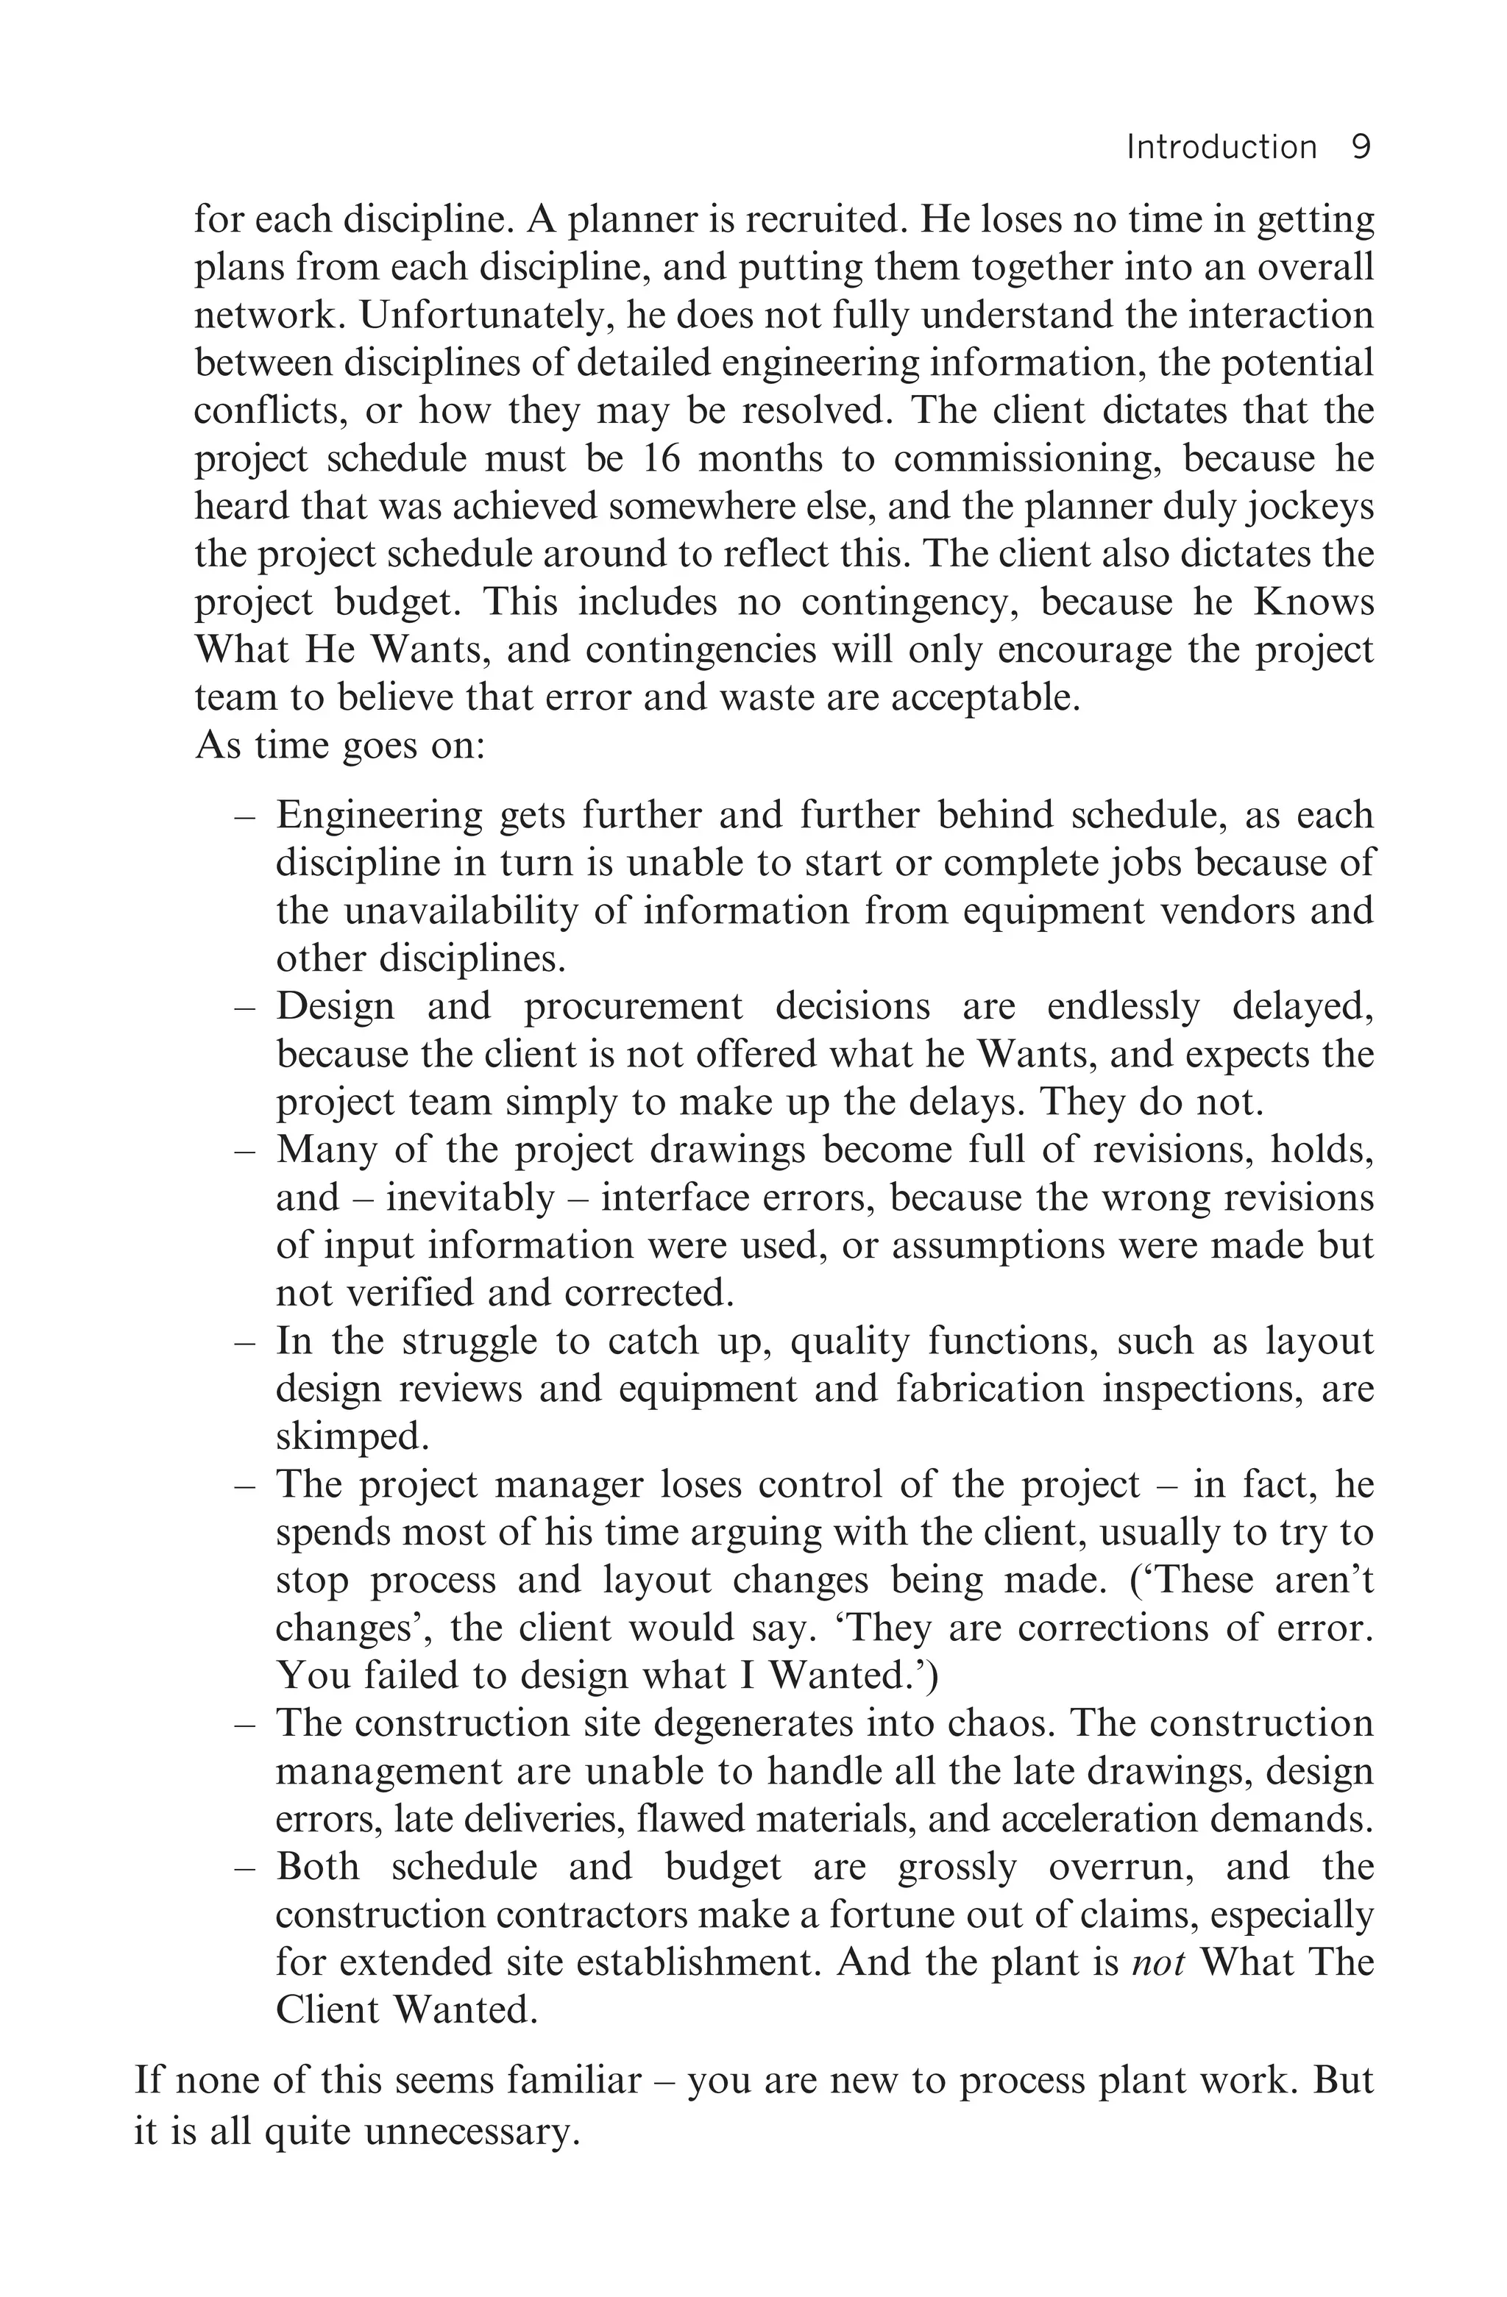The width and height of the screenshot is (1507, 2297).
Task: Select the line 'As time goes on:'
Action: [x=339, y=745]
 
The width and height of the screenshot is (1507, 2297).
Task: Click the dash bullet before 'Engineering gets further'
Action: [x=245, y=816]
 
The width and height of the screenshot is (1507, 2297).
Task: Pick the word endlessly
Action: [x=1123, y=1007]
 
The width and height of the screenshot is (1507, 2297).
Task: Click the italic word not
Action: [x=1157, y=1962]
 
